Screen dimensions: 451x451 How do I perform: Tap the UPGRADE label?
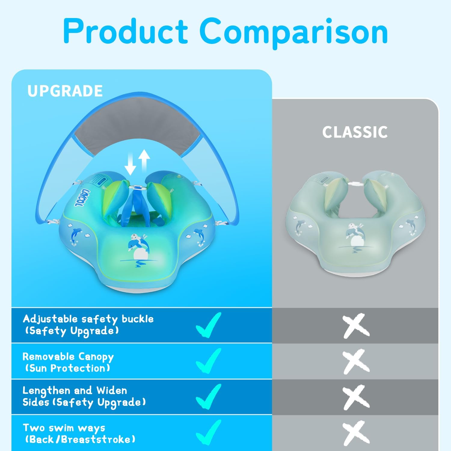coord(65,91)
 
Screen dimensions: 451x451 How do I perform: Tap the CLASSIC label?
coord(355,132)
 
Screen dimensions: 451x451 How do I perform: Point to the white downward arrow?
coord(130,164)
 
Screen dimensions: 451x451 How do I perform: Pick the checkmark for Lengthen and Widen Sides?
coord(209,396)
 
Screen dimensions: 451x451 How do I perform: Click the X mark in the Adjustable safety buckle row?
coord(356,325)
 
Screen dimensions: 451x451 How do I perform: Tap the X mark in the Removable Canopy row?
coord(356,361)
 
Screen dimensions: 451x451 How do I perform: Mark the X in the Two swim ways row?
coord(356,433)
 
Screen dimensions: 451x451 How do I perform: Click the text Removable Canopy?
coord(68,357)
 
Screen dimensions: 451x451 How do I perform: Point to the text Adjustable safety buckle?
coord(88,319)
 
